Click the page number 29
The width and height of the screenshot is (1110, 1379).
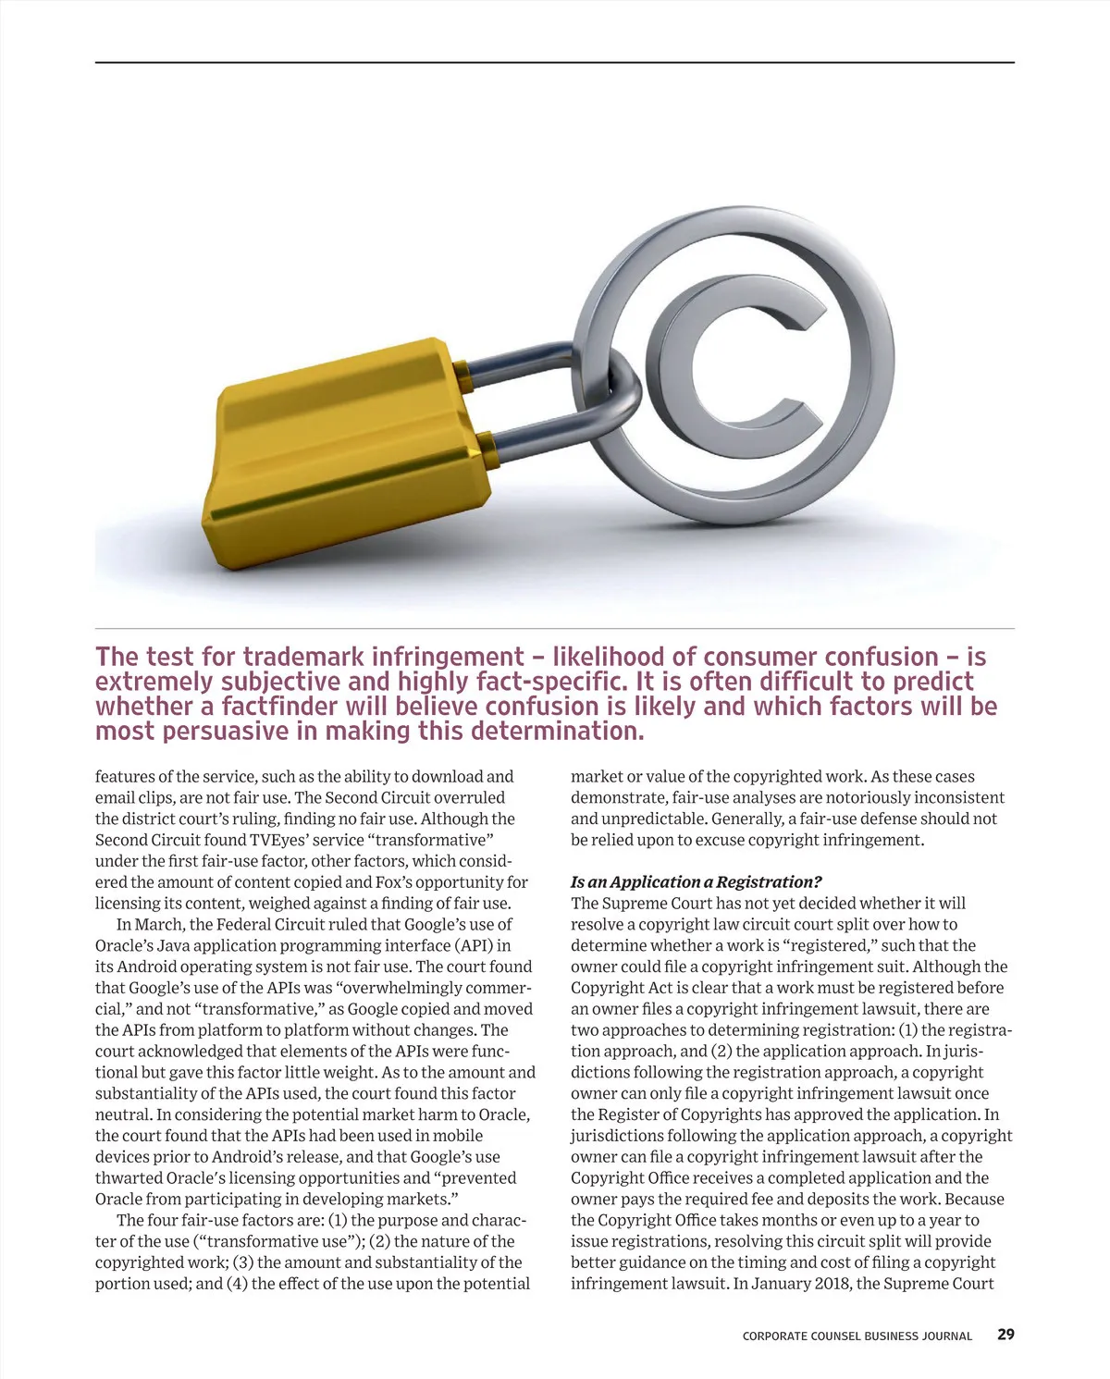point(1005,1335)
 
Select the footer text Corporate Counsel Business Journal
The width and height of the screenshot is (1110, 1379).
point(857,1336)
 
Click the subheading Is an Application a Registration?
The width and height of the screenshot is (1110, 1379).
point(696,882)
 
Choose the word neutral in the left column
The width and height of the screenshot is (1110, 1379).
point(123,1114)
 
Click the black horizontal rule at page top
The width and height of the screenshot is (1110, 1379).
point(555,63)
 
